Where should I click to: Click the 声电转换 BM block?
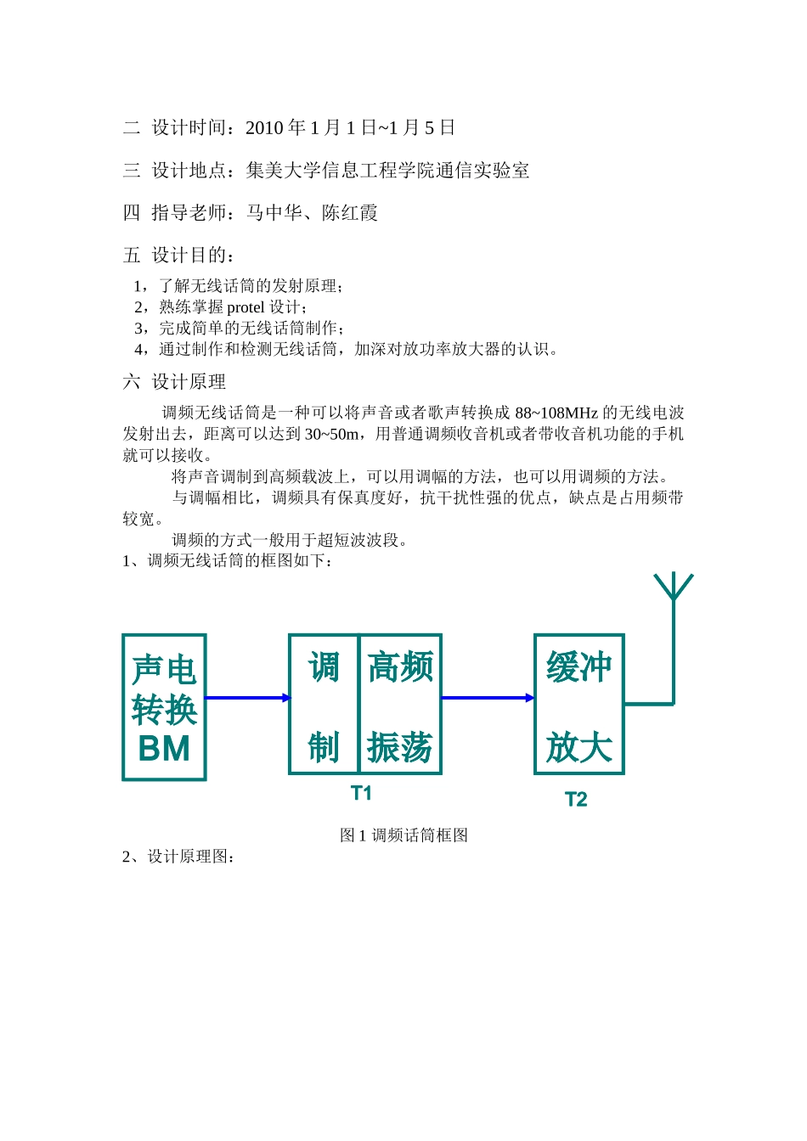point(164,707)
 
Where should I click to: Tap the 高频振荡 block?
point(400,705)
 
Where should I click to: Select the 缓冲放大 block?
point(579,705)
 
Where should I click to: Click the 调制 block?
point(324,705)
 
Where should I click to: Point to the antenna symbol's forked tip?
point(674,587)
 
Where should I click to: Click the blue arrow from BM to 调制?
point(247,698)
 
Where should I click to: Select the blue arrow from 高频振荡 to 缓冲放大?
point(488,698)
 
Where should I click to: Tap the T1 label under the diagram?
point(361,793)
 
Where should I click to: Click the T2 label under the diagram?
point(576,799)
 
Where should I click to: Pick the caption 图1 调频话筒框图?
point(403,835)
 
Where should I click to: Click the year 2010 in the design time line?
point(264,128)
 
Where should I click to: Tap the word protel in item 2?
point(245,307)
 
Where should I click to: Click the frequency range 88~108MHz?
point(556,413)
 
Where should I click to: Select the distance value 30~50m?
point(331,435)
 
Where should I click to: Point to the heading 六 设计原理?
point(174,382)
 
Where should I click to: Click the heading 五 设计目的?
point(178,255)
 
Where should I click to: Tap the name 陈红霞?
point(350,213)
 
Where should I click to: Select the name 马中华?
point(274,213)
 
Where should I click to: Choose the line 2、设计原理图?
point(179,857)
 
